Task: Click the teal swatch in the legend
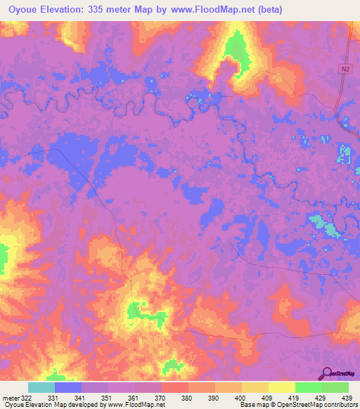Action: click(x=41, y=387)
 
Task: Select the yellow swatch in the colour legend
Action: click(x=281, y=387)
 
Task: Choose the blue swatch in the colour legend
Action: click(x=68, y=387)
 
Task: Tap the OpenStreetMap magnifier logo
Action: click(x=326, y=375)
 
